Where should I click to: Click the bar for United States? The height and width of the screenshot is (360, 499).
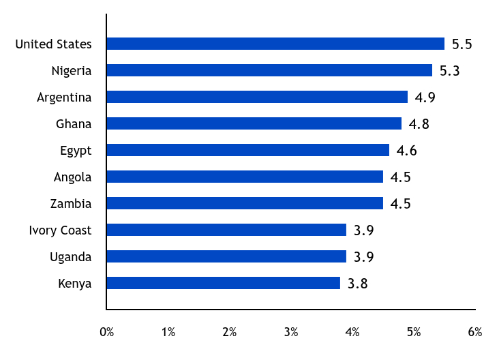(275, 44)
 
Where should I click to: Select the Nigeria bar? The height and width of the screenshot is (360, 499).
(269, 70)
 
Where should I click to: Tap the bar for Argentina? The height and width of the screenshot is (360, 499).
(257, 97)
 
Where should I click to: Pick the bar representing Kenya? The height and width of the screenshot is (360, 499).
(223, 283)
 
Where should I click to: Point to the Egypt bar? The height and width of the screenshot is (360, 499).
(247, 150)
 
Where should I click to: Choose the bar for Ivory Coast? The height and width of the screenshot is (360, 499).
(226, 230)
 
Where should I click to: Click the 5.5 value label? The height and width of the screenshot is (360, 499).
(462, 44)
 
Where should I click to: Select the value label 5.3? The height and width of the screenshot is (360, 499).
(450, 71)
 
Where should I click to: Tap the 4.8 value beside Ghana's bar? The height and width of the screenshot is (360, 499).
(419, 124)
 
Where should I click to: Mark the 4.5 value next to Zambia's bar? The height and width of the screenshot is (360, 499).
(401, 204)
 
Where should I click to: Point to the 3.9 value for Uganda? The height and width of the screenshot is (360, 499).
(364, 257)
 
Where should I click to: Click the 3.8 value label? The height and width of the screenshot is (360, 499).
(358, 284)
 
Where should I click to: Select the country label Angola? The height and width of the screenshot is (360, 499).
(72, 177)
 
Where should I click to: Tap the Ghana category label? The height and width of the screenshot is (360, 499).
(74, 124)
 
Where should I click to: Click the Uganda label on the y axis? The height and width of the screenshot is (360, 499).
(70, 257)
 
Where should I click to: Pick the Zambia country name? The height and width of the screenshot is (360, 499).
(71, 204)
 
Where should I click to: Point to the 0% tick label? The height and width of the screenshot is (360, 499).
(107, 333)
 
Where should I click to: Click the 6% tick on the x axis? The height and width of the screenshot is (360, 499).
(475, 333)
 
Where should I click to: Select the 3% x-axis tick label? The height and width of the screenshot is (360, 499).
(291, 333)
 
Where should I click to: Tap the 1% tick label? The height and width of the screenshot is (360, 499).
(168, 333)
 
